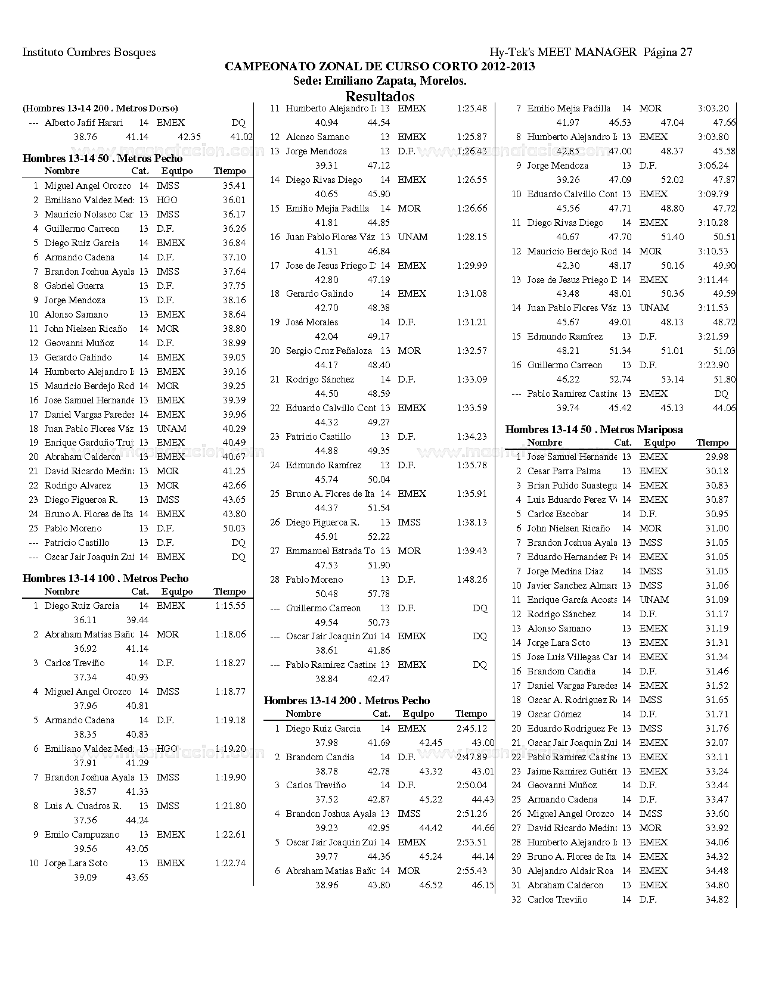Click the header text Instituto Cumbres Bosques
[89, 52]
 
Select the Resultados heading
[380, 96]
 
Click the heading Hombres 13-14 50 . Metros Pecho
[103, 158]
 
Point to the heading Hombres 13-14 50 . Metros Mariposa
[594, 430]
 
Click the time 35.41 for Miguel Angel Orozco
[234, 186]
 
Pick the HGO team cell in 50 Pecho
[167, 200]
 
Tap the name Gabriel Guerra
[74, 286]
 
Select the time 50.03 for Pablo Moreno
[234, 528]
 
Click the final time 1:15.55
[230, 606]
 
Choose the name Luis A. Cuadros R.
[83, 806]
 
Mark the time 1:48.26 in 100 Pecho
[471, 580]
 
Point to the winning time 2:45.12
[471, 729]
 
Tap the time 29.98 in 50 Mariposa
[717, 457]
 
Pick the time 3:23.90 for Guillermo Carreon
[713, 365]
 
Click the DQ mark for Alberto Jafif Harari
[238, 123]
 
